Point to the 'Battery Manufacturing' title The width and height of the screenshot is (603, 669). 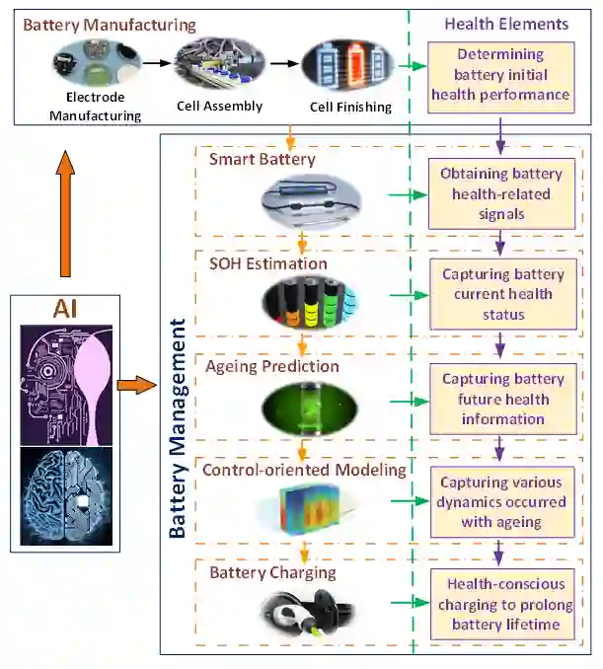point(110,24)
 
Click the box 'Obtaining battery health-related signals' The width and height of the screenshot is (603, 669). point(502,193)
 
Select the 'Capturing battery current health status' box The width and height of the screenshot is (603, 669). point(502,294)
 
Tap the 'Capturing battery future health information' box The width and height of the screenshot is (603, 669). point(502,399)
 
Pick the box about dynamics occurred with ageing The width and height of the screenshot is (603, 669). point(502,502)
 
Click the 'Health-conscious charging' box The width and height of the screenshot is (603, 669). point(502,603)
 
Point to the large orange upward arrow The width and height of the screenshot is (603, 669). point(65,217)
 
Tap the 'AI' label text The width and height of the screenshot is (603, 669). point(67,312)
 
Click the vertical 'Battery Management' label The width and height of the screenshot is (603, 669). point(179,428)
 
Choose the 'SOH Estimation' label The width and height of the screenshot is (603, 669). point(267,263)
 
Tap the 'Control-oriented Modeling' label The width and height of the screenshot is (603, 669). point(304,470)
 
